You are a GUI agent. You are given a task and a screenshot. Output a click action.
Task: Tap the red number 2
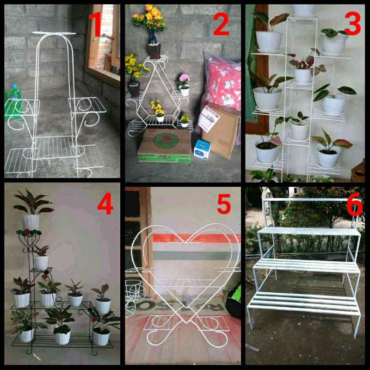point(221,26)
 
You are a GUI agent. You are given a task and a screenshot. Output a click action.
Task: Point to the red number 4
point(105,204)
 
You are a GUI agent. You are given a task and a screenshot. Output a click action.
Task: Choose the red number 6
point(354,206)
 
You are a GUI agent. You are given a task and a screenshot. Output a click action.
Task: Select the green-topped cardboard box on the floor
point(164,146)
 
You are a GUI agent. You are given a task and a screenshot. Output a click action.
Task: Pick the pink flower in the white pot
point(184,78)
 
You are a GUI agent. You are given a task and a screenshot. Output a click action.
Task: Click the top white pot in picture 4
point(31,222)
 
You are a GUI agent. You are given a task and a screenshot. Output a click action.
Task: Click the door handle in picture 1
point(102,37)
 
